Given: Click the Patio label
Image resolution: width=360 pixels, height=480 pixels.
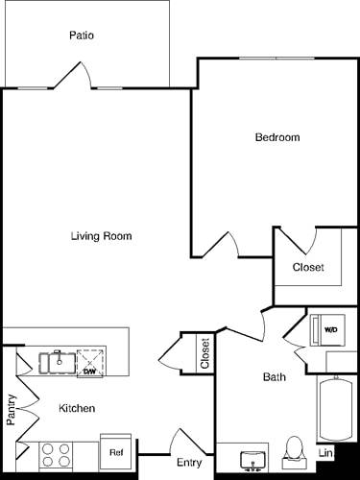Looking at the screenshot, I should (82, 36).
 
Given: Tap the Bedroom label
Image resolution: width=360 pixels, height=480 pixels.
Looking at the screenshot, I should (276, 137).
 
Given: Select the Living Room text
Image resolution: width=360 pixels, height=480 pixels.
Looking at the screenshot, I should (101, 236).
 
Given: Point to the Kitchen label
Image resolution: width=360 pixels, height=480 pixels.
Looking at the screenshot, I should (77, 408).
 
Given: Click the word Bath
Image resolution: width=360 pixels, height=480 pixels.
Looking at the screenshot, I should (274, 377).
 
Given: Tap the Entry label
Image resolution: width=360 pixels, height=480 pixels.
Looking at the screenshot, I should (189, 463).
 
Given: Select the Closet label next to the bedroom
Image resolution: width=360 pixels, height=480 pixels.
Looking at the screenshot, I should (308, 267).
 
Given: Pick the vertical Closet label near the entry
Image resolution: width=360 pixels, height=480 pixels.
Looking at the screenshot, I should (204, 353).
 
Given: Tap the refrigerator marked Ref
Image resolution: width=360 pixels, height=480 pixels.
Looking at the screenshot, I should (116, 451).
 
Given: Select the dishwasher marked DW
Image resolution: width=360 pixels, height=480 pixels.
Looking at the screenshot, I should (89, 362).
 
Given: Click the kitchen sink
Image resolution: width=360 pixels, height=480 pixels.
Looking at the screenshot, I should (58, 362).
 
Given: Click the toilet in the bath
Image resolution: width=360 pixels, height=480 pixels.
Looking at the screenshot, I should (294, 452).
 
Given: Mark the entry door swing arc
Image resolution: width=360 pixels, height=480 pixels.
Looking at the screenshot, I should (186, 441).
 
